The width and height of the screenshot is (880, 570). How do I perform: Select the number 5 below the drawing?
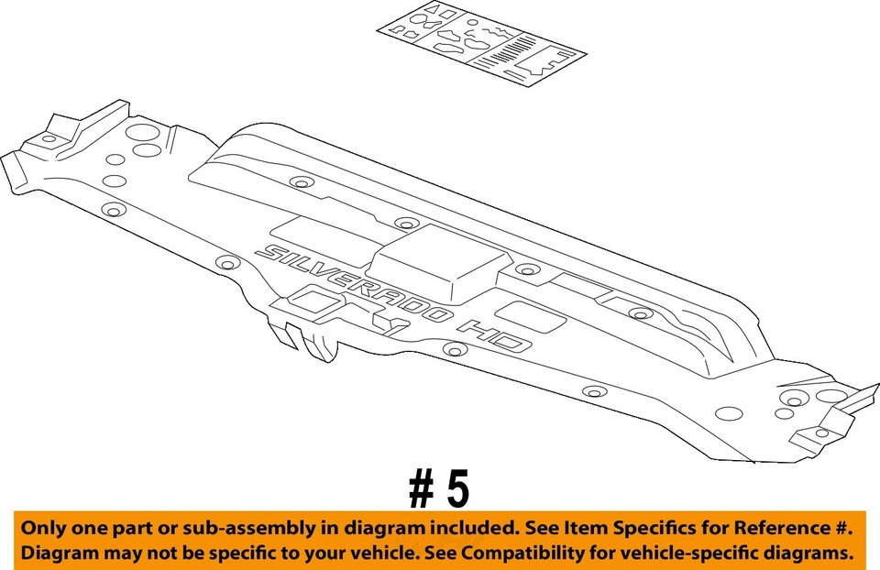[x=457, y=490]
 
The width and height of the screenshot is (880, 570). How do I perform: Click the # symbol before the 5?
[x=422, y=490]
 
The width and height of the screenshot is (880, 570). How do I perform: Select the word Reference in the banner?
[x=771, y=530]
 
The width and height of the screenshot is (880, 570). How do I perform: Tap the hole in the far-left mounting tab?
[x=48, y=139]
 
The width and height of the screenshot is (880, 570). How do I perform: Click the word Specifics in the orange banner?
[x=652, y=530]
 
